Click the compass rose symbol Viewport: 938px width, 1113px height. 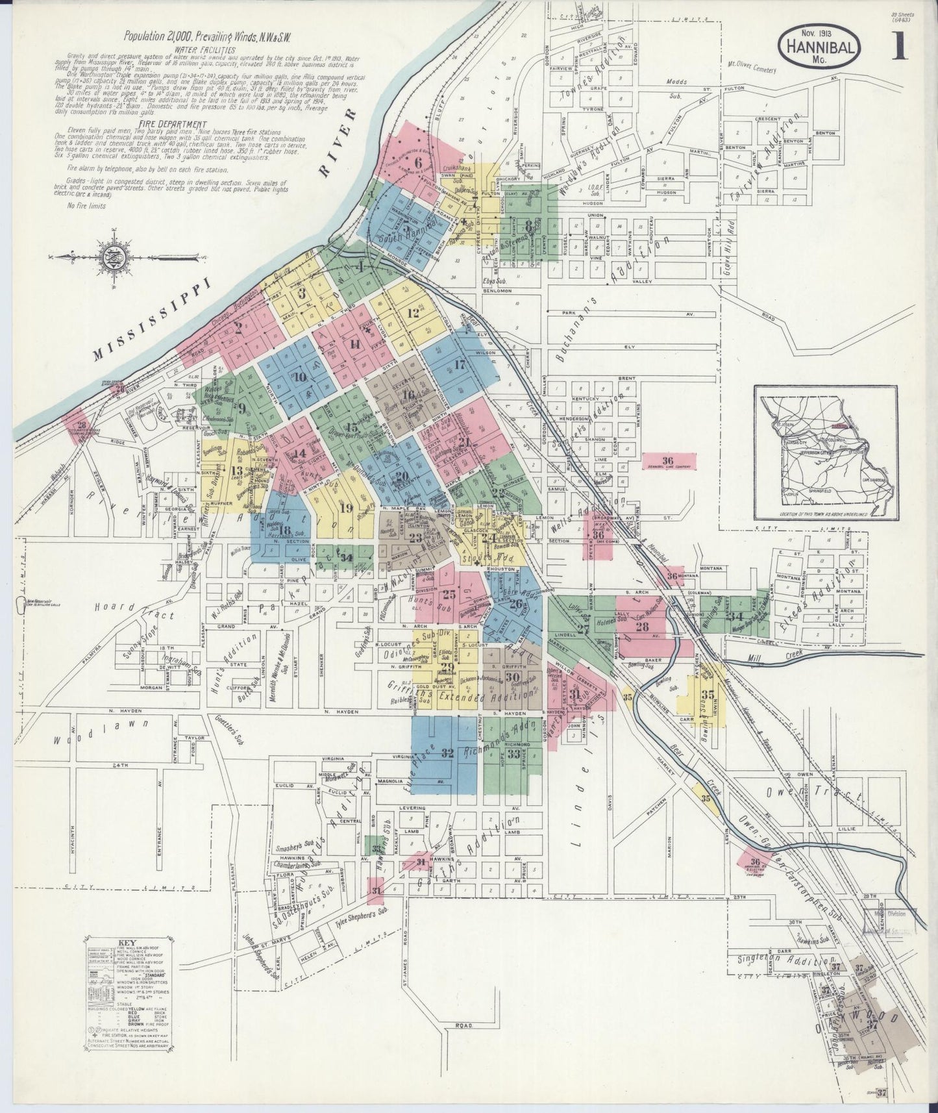coord(111,258)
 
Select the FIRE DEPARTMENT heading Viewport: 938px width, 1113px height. coord(172,124)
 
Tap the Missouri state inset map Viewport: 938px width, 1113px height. coord(826,452)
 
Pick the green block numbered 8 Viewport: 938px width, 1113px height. coord(529,224)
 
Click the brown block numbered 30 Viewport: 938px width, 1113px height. coord(510,677)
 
